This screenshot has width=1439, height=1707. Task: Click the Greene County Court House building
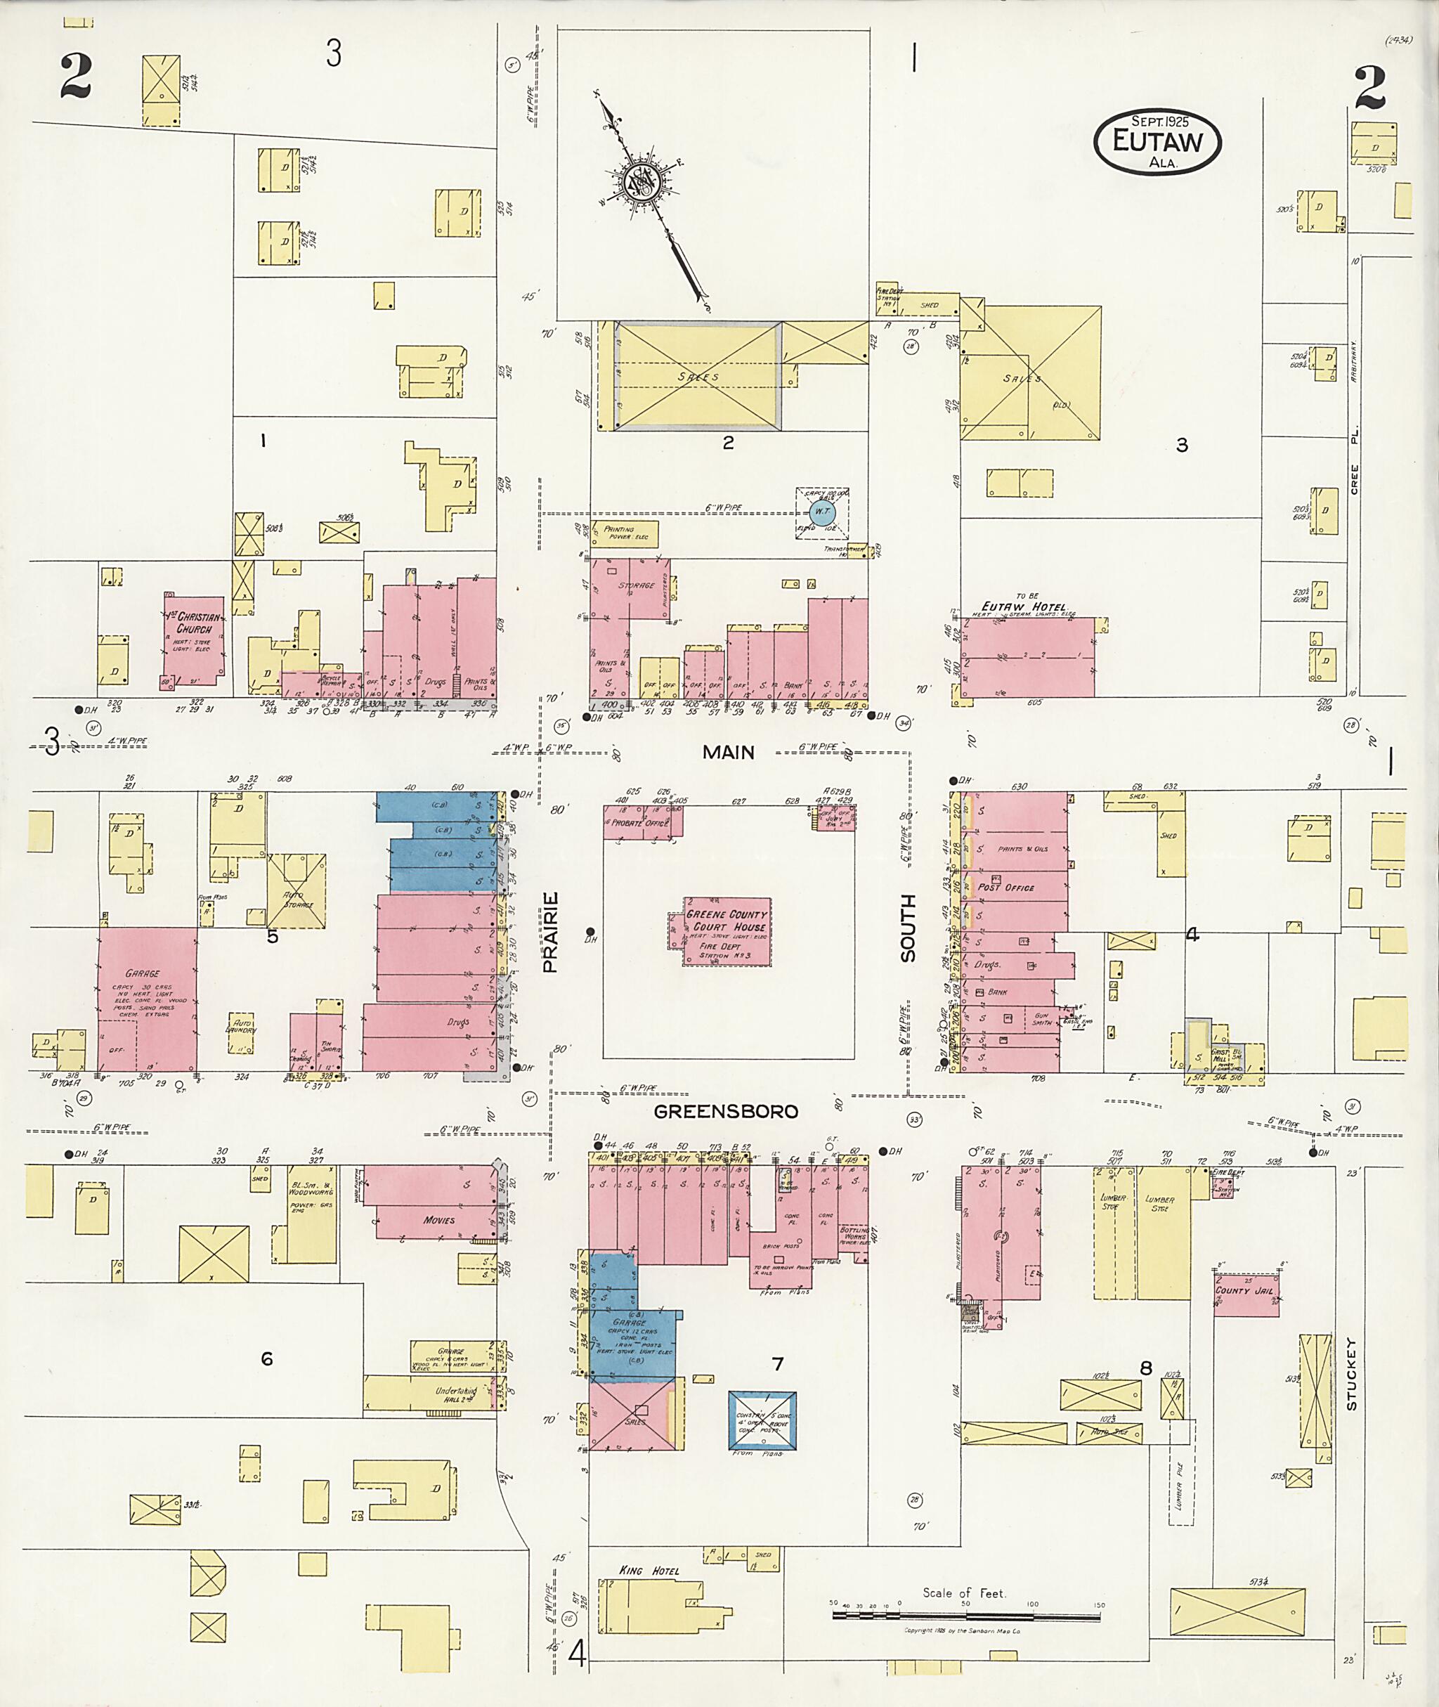[727, 932]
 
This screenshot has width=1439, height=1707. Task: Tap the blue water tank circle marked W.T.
[822, 512]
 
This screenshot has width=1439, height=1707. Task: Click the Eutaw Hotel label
[1022, 607]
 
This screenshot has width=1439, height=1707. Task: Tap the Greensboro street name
[726, 1111]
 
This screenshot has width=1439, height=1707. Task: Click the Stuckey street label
[1351, 1373]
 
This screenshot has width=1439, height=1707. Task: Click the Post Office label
[1006, 887]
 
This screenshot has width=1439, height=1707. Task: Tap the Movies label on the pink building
[439, 1220]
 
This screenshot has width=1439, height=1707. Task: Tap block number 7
[777, 1363]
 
